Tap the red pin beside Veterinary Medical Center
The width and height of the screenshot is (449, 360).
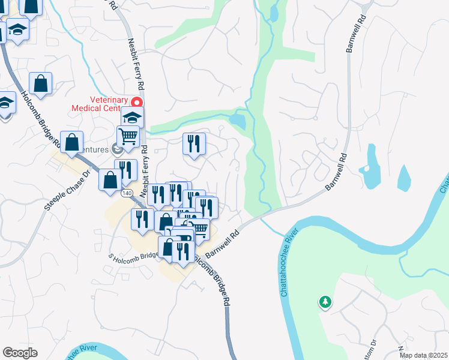point(137,103)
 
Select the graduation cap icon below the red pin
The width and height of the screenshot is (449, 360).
point(133,117)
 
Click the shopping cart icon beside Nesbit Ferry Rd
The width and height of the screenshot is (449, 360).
point(128,137)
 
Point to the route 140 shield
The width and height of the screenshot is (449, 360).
point(127,193)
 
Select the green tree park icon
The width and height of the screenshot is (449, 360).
point(325,302)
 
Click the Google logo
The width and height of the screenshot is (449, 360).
point(20,353)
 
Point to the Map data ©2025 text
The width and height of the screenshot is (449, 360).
point(423,355)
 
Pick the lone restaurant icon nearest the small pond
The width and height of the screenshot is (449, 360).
point(194,144)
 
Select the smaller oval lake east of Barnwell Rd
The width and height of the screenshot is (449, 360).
point(404,176)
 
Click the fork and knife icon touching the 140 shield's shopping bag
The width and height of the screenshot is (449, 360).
point(126,170)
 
